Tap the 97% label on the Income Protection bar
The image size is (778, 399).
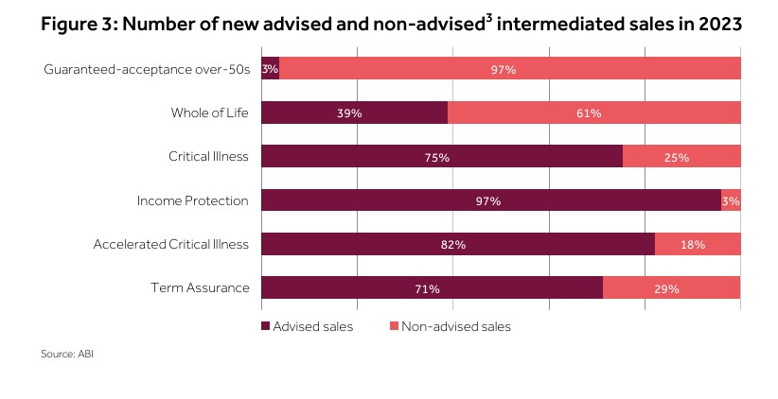(x=489, y=200)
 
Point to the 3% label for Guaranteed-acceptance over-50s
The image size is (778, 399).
(x=270, y=69)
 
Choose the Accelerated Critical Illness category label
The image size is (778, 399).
(x=170, y=244)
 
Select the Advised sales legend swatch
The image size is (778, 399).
(x=265, y=326)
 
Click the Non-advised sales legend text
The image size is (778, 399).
(x=455, y=326)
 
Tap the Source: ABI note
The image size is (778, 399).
(x=66, y=355)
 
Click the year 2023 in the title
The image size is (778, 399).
(x=716, y=26)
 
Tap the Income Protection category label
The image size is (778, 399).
(x=192, y=200)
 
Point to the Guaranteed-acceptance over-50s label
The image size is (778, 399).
(x=146, y=69)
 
